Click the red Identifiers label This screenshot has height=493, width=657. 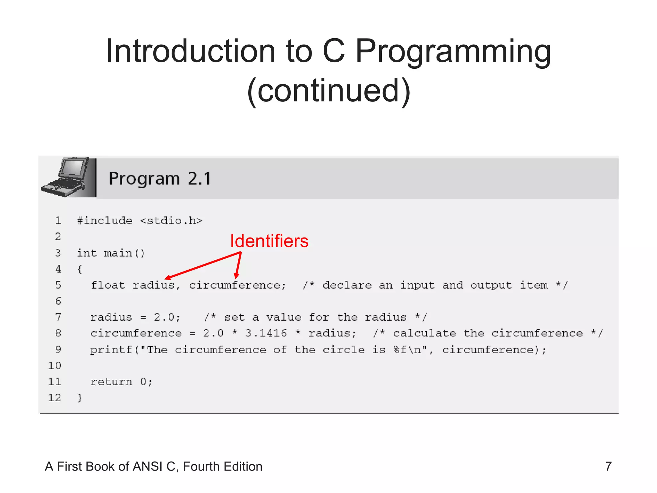coord(269,241)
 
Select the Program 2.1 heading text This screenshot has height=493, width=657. coord(160,178)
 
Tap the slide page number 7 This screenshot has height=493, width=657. coord(608,466)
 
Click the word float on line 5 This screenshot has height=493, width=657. coord(108,285)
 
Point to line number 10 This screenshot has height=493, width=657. coord(55,366)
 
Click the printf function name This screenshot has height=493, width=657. coord(111,350)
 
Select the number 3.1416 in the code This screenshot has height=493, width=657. coord(266,333)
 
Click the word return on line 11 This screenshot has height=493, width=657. coord(111,382)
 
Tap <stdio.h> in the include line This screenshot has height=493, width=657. coord(171,221)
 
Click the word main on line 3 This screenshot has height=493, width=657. coord(118,253)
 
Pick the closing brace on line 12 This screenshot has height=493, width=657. coord(80,398)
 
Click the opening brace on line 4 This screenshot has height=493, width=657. coord(80,269)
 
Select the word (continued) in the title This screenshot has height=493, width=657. coord(328,91)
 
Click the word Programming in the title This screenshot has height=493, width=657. coord(453,51)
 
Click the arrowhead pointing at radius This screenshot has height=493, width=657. coord(167,278)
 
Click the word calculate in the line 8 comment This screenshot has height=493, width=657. coord(424,333)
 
